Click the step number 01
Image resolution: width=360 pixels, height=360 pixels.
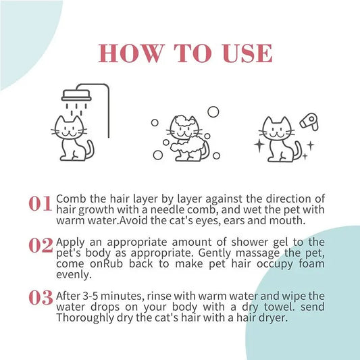(41, 203)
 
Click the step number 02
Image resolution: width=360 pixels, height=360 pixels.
(41, 246)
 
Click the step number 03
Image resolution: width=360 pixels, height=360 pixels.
(41, 297)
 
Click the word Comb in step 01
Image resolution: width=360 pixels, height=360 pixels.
(70, 199)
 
